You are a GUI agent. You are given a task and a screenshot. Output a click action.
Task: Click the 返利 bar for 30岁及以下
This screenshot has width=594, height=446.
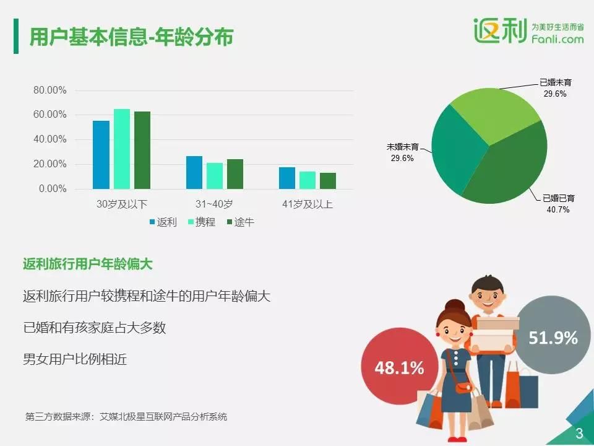click(x=101, y=155)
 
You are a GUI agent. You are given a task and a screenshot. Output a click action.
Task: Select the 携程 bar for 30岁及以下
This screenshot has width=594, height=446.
click(x=122, y=149)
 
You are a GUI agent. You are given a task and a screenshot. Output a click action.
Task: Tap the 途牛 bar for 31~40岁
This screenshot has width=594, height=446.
click(x=235, y=174)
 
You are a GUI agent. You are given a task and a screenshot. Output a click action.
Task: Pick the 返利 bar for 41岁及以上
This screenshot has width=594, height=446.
click(x=287, y=178)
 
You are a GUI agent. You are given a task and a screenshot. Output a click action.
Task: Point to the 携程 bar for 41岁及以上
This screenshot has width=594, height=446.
click(x=308, y=180)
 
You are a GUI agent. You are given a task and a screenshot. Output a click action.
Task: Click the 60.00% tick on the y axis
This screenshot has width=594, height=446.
click(x=49, y=115)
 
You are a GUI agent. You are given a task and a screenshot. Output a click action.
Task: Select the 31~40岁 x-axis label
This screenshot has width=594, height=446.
click(x=214, y=204)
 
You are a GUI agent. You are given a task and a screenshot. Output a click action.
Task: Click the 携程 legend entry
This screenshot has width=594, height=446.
click(x=202, y=222)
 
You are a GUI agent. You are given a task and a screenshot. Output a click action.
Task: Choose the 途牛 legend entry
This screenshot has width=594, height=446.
click(x=240, y=222)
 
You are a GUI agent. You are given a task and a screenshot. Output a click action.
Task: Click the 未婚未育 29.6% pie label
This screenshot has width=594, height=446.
click(x=402, y=152)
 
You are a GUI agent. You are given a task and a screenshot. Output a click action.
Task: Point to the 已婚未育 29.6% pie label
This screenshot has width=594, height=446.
click(x=556, y=88)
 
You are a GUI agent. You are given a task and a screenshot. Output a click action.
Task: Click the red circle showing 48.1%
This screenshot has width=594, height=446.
click(x=400, y=367)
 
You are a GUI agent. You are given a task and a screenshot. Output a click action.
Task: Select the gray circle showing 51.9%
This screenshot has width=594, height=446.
click(x=553, y=335)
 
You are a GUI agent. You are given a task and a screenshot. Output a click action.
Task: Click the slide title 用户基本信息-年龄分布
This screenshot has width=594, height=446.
click(x=131, y=37)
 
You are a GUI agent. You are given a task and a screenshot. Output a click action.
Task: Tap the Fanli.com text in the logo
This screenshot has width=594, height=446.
click(x=557, y=38)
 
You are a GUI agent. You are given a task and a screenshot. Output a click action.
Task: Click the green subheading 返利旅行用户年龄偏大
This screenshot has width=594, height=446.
click(x=87, y=264)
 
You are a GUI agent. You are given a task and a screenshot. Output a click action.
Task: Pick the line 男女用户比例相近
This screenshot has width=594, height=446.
click(x=75, y=359)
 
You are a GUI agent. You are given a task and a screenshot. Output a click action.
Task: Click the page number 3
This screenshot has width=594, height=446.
click(x=580, y=433)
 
